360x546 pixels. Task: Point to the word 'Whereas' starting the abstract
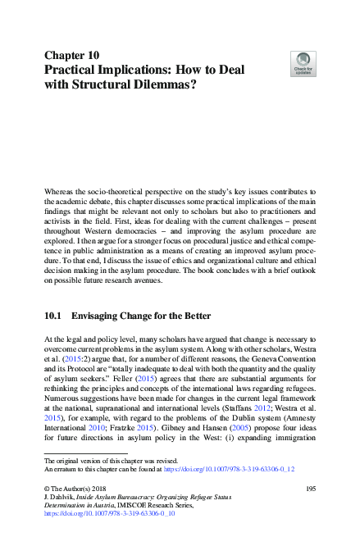coord(59,191)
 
